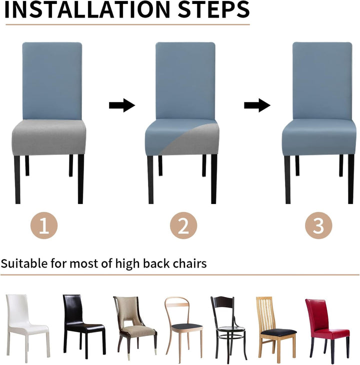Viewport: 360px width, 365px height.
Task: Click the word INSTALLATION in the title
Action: tap(87, 10)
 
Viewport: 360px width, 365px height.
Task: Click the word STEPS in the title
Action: tap(213, 10)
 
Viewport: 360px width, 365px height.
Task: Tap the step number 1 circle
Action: tap(44, 225)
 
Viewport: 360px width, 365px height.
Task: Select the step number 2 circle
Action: tap(183, 225)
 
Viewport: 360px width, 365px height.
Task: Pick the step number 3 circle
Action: tap(318, 225)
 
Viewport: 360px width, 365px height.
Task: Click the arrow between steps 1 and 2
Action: tap(122, 105)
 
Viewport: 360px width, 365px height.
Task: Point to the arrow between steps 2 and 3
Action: tap(257, 105)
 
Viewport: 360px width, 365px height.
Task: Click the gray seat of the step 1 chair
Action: tap(49, 137)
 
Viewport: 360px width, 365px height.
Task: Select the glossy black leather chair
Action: tap(84, 326)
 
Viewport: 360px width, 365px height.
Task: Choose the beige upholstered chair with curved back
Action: tap(134, 328)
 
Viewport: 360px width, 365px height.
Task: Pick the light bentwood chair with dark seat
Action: tap(183, 328)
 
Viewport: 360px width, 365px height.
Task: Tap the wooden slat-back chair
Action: tap(276, 328)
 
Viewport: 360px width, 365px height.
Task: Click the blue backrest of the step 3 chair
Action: tap(322, 80)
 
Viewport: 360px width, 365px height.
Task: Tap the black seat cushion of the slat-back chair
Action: tap(278, 332)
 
